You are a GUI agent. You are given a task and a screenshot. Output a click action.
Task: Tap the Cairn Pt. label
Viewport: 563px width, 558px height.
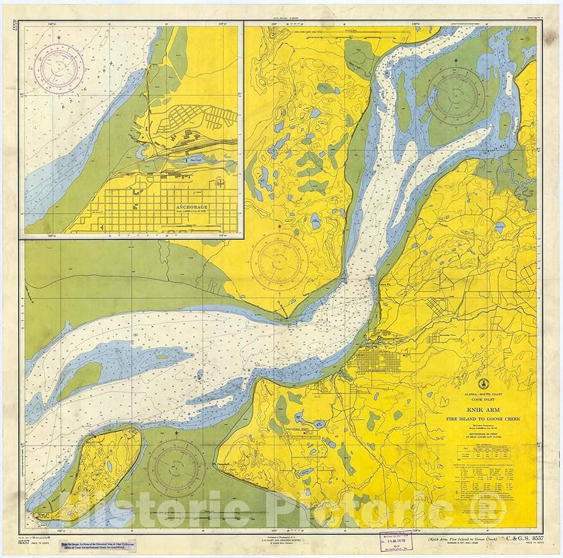pos(371,285)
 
